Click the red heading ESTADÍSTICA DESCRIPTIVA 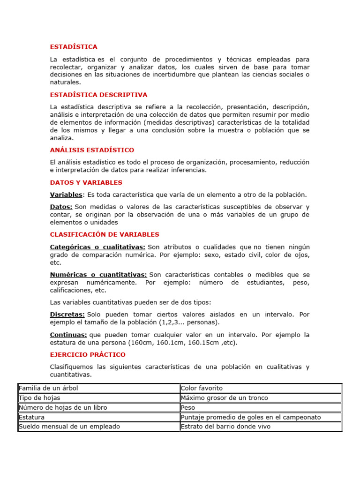click(x=98, y=95)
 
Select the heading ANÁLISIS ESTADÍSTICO click(x=92, y=150)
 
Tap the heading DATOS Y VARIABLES click(x=86, y=182)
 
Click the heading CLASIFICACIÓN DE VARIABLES click(x=105, y=234)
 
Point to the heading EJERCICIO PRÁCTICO click(x=88, y=354)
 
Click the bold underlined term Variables click(x=66, y=195)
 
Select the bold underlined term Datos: click(x=61, y=207)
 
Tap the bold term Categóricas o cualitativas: click(x=97, y=247)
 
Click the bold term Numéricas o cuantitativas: click(x=98, y=274)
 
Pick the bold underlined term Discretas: click(x=67, y=314)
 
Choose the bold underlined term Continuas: click(x=68, y=335)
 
